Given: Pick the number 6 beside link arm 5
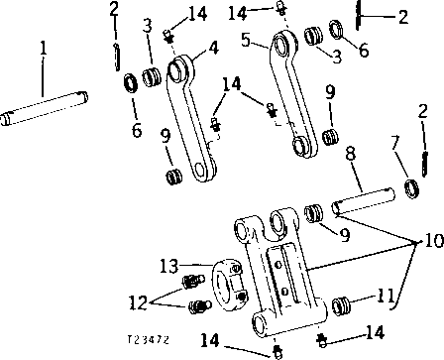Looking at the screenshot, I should click(364, 49).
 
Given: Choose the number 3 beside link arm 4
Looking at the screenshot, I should click(147, 24).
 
